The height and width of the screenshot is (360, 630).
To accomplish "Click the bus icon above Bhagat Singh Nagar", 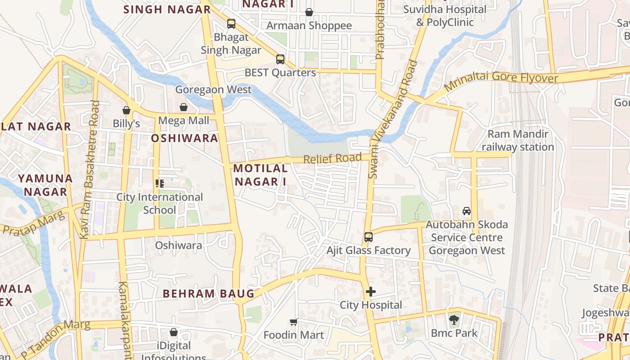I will [231, 24].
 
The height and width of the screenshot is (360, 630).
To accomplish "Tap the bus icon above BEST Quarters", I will [280, 59].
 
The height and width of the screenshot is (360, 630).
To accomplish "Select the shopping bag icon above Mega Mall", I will [184, 107].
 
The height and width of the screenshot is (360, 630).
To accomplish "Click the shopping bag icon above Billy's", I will [126, 110].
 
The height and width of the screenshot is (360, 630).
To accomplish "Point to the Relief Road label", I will [332, 158].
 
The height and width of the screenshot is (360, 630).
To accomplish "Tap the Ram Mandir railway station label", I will [518, 140].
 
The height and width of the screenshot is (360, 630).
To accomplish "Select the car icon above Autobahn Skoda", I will [467, 211].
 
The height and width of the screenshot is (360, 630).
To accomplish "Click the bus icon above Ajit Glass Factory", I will [368, 237].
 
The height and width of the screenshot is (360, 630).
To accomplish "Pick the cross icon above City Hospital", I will [370, 292].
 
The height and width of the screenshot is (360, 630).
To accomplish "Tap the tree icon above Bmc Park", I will [454, 320].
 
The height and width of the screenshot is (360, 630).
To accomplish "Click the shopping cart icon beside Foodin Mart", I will [294, 322].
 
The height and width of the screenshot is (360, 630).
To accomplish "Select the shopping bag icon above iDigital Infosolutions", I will [174, 332].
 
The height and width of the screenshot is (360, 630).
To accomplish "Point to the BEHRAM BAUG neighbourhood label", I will [208, 294].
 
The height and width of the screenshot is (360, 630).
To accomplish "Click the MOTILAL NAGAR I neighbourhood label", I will [261, 175].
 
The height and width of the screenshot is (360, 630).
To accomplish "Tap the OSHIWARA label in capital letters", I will [184, 138].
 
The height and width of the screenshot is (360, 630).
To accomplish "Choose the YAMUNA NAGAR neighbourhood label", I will [45, 185].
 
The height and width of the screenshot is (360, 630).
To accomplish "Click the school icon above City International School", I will [160, 183].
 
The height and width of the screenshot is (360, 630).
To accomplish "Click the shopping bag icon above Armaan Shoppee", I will [309, 12].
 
